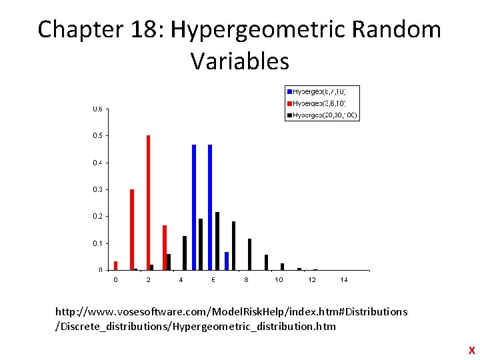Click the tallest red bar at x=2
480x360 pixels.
[148, 203]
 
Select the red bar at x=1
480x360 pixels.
[132, 229]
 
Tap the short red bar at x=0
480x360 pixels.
[115, 265]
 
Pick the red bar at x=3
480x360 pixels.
[165, 247]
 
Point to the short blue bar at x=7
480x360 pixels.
[227, 261]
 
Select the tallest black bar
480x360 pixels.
[217, 241]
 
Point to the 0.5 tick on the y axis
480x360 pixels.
[97, 136]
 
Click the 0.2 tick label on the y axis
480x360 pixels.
[97, 217]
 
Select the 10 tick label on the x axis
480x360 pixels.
[279, 280]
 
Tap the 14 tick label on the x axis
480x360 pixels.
[344, 280]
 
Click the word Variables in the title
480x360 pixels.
[240, 61]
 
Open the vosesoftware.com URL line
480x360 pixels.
[231, 312]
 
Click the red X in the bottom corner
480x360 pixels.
[471, 350]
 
